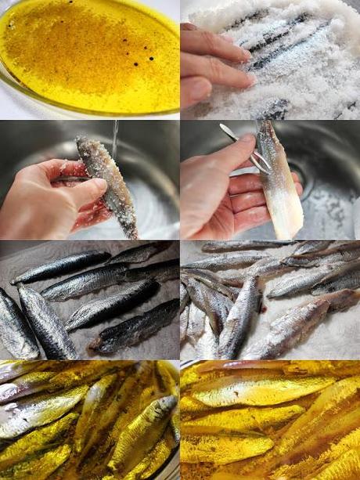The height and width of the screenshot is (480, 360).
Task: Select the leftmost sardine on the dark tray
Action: tap(16, 325)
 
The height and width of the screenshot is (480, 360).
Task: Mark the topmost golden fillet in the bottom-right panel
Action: tap(266, 368)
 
